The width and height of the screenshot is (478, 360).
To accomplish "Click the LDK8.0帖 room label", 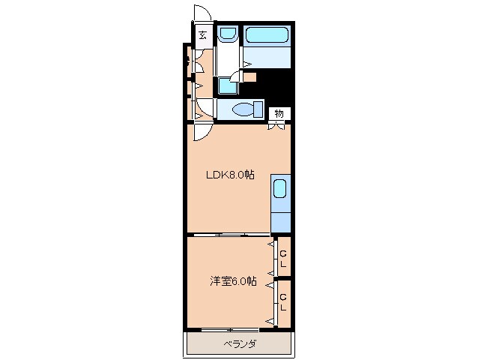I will (x=231, y=175).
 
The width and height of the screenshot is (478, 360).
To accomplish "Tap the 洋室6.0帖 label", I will (x=232, y=282).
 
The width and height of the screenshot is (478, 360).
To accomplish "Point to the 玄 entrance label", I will (x=203, y=33).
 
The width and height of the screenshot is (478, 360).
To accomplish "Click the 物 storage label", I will (x=279, y=113).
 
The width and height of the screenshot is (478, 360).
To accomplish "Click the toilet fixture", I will (x=243, y=109).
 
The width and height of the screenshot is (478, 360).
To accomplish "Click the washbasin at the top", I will (x=228, y=36).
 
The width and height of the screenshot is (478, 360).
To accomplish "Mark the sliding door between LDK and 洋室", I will (x=229, y=235).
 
